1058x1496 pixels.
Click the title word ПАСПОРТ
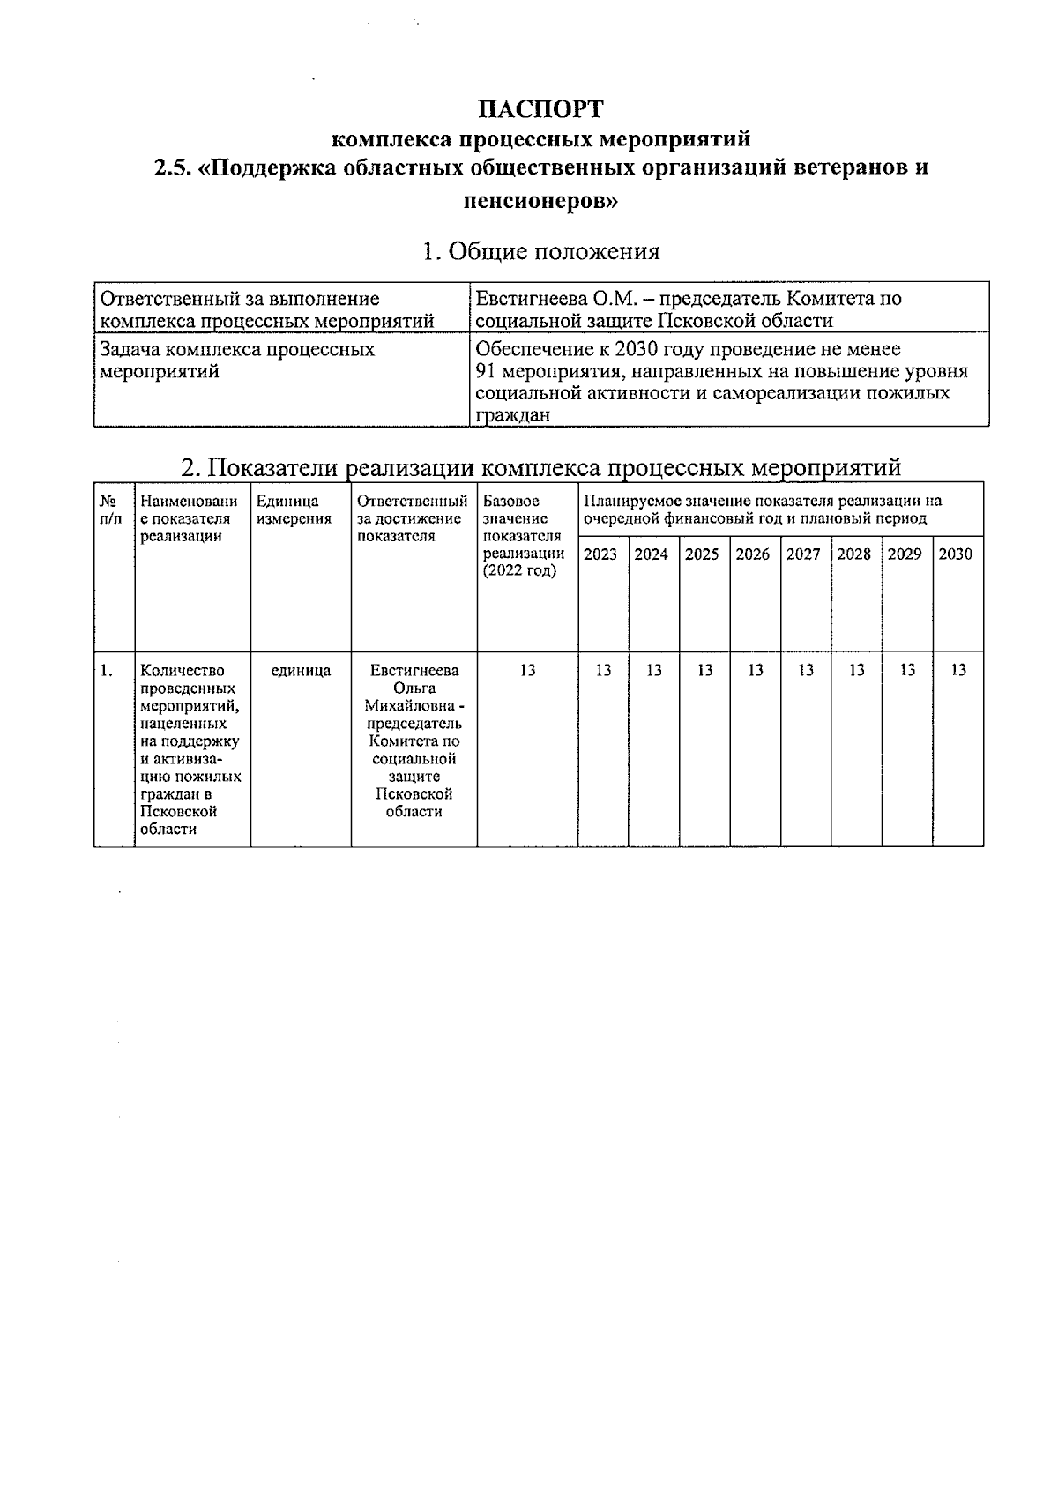pyautogui.click(x=540, y=109)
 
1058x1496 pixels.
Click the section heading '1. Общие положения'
pyautogui.click(x=540, y=252)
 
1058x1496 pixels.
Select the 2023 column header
pyautogui.click(x=600, y=554)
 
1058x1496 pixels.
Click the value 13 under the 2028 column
pyautogui.click(x=856, y=671)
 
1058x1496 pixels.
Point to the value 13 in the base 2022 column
pyautogui.click(x=527, y=671)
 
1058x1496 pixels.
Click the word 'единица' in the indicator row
pyautogui.click(x=301, y=671)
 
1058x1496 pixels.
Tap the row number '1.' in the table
pyautogui.click(x=107, y=671)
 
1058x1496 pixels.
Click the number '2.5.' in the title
pyautogui.click(x=173, y=168)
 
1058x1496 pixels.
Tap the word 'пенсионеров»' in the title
pyautogui.click(x=540, y=201)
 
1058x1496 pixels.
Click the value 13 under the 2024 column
pyautogui.click(x=653, y=671)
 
